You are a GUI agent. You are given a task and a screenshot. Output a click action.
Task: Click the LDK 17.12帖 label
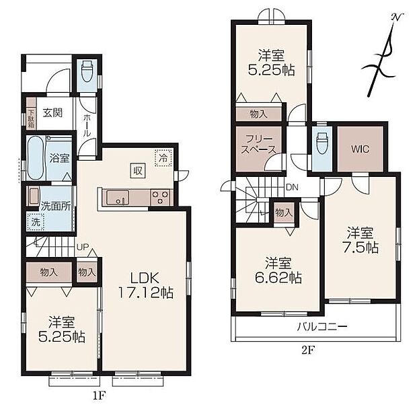click(x=145, y=285)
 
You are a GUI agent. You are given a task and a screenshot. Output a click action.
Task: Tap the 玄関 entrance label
click(x=52, y=113)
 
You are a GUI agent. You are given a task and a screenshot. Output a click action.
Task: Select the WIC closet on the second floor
click(x=360, y=149)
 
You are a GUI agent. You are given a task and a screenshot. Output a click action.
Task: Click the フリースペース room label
click(x=258, y=144)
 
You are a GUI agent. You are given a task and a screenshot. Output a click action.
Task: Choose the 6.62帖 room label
click(x=278, y=270)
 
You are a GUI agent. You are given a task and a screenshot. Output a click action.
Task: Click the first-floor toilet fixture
click(x=87, y=71)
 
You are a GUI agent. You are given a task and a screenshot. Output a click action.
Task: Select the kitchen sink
click(x=118, y=198)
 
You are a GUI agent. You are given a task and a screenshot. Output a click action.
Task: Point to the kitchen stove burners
click(x=160, y=197)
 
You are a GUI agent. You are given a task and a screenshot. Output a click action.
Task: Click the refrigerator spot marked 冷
click(x=163, y=158)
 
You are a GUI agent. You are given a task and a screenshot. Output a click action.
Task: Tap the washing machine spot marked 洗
click(x=36, y=222)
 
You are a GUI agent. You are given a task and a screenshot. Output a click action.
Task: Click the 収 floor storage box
click(x=138, y=170)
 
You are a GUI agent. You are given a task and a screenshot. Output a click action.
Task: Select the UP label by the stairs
click(x=83, y=247)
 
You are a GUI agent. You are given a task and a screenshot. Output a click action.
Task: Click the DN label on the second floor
click(x=292, y=187)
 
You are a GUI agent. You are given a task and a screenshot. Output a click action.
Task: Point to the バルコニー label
click(x=322, y=326)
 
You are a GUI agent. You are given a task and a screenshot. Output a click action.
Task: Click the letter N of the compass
click(x=396, y=17)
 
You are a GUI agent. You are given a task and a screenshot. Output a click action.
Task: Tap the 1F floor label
click(x=100, y=396)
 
